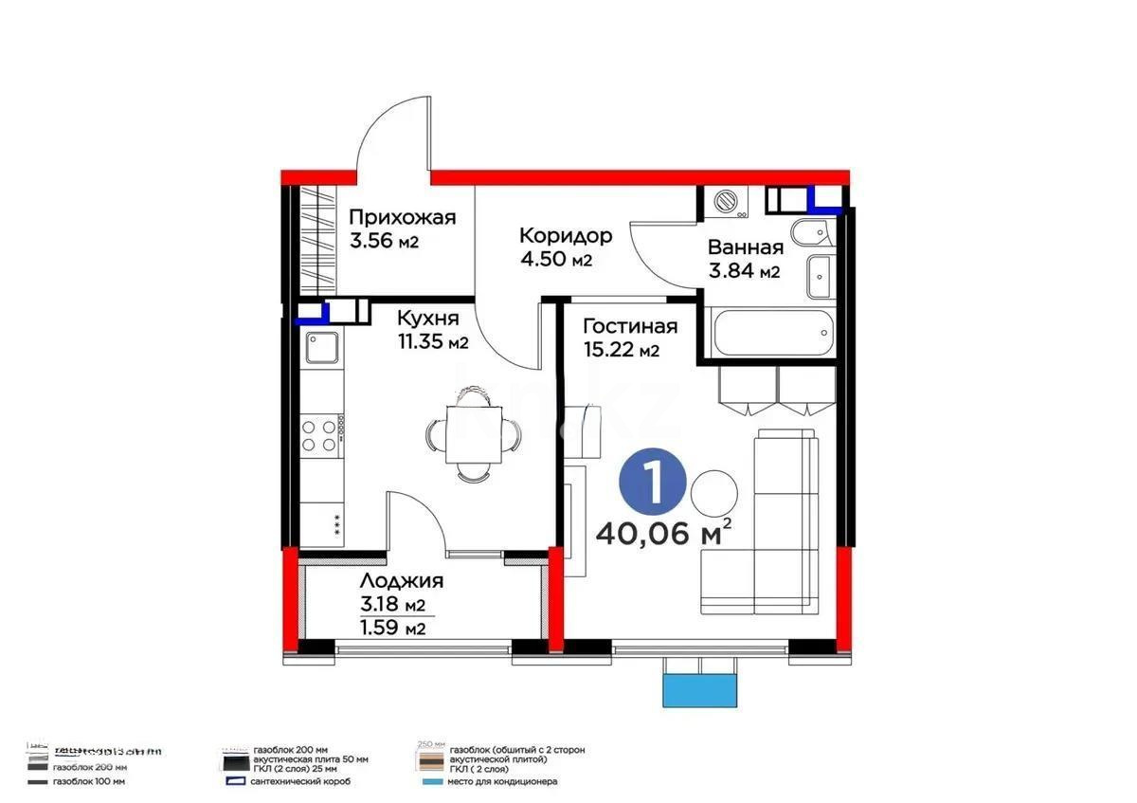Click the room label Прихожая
click(x=403, y=217)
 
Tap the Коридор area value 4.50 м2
click(x=555, y=260)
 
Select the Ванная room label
click(x=746, y=248)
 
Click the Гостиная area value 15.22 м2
click(x=622, y=351)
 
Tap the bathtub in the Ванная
click(x=770, y=335)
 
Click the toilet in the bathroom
click(x=811, y=232)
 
